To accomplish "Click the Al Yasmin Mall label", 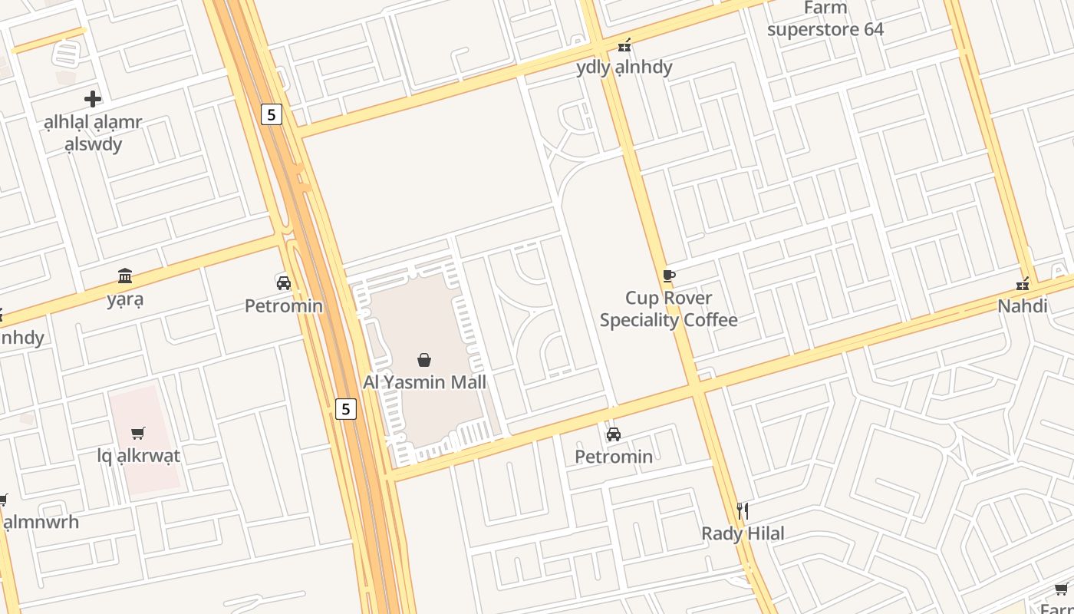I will click(424, 381).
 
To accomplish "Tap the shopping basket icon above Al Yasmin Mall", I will click(423, 359).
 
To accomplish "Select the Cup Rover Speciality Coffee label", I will click(668, 309).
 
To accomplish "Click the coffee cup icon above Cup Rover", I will click(668, 276).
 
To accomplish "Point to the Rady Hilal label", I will click(743, 533).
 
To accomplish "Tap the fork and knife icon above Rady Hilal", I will click(742, 510).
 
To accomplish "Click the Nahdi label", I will click(1022, 306).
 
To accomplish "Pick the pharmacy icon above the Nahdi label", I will click(1022, 284).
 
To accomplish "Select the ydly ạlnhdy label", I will click(624, 67).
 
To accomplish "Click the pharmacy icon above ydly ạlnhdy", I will click(624, 45).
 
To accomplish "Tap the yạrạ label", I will click(125, 299).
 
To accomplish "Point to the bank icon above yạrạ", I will click(125, 276).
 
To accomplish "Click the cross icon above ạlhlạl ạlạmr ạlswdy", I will click(93, 99).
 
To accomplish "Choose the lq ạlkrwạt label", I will click(139, 456).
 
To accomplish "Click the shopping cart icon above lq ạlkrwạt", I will click(138, 434).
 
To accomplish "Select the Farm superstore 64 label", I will click(825, 19).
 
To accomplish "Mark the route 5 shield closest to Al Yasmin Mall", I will click(346, 409).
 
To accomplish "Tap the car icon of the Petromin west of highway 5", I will click(284, 282).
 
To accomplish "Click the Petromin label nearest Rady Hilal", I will click(614, 457).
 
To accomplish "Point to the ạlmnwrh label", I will click(41, 523).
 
